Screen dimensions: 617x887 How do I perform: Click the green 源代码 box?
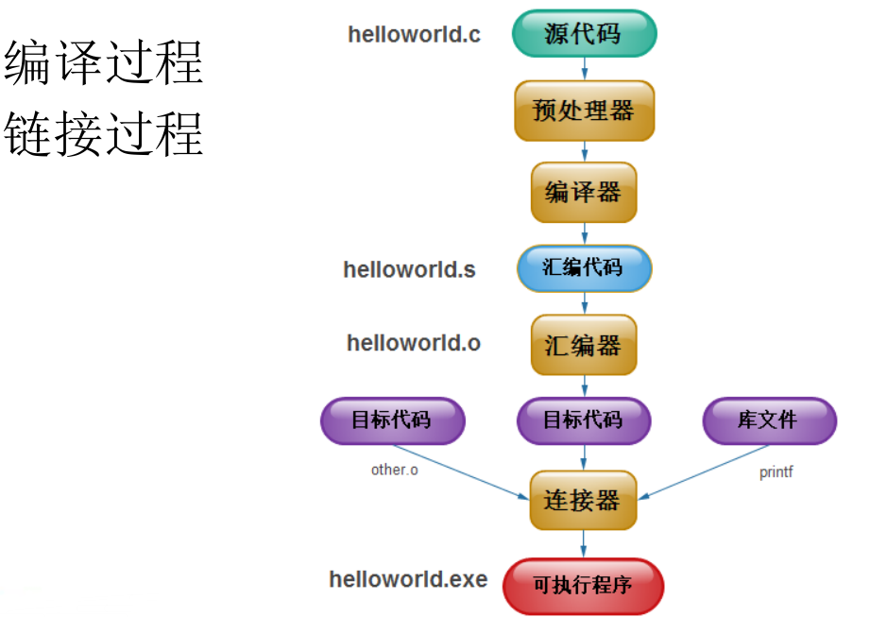[584, 34]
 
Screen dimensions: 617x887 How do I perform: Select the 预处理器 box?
[584, 111]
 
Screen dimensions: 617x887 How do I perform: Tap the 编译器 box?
[584, 193]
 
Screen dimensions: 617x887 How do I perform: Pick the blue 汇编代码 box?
[584, 268]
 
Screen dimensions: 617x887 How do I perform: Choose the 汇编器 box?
[584, 345]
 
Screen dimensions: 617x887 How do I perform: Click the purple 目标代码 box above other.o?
[393, 420]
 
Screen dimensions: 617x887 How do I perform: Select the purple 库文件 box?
[769, 420]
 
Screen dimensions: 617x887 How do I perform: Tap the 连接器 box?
[583, 500]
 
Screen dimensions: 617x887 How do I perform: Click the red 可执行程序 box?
[583, 586]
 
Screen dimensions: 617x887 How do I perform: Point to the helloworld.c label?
[414, 35]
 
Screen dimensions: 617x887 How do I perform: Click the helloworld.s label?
[409, 269]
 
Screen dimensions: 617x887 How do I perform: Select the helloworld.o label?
[413, 343]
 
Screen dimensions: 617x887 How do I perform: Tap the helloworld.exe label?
[408, 578]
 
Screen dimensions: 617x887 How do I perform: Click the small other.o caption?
[394, 470]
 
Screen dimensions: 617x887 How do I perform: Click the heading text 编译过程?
[104, 63]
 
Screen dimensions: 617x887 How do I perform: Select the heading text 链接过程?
[104, 133]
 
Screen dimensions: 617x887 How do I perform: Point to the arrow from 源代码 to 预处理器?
[585, 68]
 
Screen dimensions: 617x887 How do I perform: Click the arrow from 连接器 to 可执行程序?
[583, 543]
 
